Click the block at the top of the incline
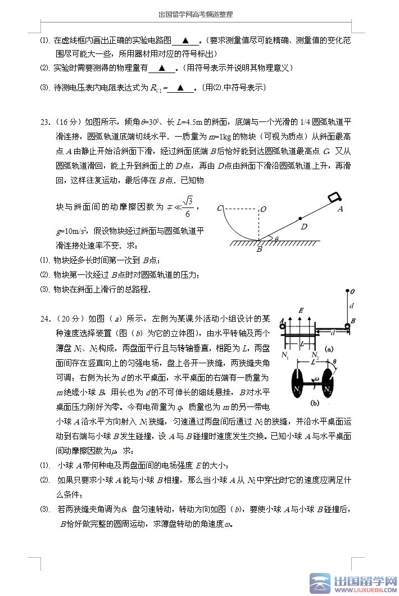(334, 197)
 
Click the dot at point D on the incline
(301, 218)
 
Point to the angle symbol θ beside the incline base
(275, 238)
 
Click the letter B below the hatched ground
(259, 249)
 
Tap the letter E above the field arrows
(302, 310)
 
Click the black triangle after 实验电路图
(186, 41)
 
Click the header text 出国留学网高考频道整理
(196, 15)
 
